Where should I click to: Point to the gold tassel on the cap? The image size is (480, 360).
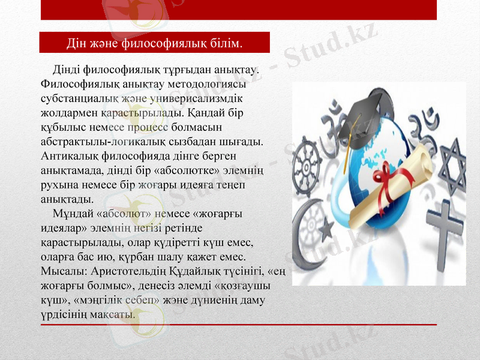[x=347, y=144]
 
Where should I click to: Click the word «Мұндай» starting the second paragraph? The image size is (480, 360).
[x=74, y=214]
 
